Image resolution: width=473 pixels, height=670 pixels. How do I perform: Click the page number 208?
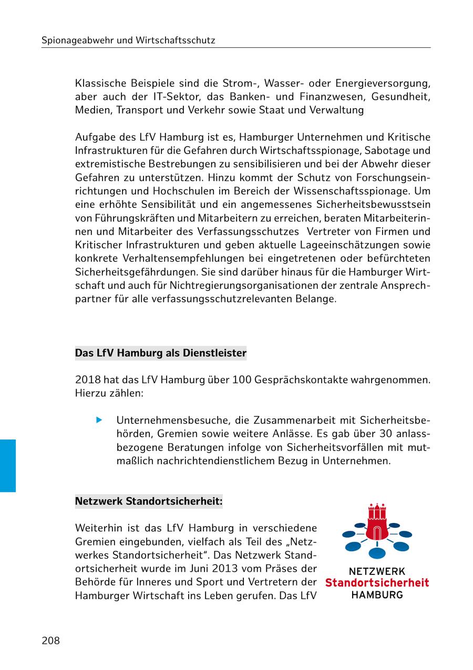(x=51, y=641)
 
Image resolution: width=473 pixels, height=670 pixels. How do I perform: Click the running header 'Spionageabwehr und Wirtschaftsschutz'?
(x=128, y=40)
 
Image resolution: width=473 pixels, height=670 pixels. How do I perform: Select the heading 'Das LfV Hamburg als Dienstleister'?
(x=160, y=353)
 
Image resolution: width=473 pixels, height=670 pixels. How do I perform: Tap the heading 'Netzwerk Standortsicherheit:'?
(x=149, y=501)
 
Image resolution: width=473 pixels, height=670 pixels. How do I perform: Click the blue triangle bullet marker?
(x=98, y=420)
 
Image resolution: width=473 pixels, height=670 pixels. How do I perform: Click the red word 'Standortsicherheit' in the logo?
(x=377, y=583)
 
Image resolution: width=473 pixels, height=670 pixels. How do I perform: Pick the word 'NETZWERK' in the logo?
(x=377, y=571)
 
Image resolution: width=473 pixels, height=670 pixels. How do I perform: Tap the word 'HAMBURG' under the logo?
(x=377, y=595)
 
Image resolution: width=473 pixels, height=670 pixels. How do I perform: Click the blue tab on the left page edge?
(x=8, y=465)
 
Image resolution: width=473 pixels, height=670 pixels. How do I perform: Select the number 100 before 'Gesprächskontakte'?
(x=240, y=379)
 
